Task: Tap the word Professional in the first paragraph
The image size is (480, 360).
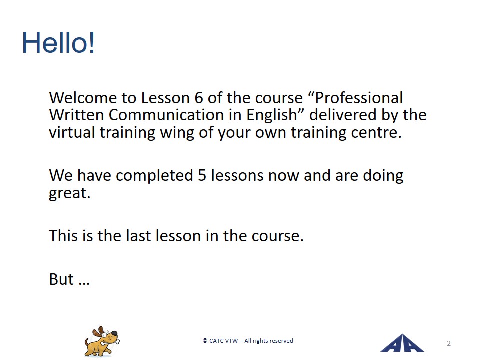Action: (359, 98)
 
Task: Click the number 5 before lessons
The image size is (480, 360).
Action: (202, 175)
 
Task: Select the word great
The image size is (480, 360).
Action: (69, 193)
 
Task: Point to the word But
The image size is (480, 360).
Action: (61, 279)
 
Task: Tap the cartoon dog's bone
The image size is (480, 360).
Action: (108, 342)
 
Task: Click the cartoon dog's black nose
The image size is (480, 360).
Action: (114, 333)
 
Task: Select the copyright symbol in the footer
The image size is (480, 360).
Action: (205, 341)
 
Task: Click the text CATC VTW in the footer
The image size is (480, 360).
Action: (223, 341)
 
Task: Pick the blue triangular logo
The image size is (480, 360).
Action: (402, 343)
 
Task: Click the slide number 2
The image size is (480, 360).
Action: (449, 344)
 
